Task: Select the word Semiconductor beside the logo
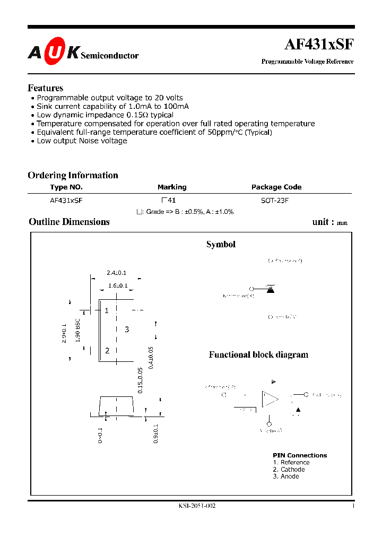110,55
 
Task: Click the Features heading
46,88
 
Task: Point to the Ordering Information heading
73,175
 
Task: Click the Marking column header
172,187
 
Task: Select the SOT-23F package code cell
275,201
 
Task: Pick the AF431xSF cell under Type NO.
66,201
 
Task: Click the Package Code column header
276,187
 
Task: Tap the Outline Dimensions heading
69,222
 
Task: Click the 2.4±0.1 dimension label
116,273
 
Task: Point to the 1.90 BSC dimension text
78,330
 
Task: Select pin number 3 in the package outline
127,330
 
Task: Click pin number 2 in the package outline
107,350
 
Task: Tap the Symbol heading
221,245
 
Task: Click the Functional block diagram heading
258,354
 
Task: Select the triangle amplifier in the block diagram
270,399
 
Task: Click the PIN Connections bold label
300,455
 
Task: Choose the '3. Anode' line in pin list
286,477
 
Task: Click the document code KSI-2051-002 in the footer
197,506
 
